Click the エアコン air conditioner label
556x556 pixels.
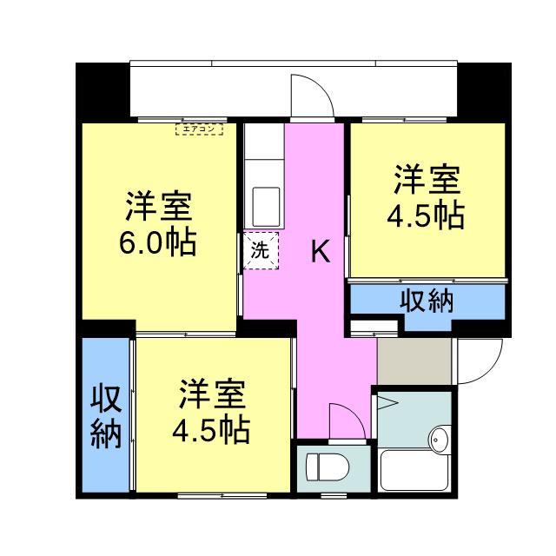(x=199, y=130)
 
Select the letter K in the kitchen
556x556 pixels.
(x=320, y=253)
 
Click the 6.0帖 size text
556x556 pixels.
(x=157, y=242)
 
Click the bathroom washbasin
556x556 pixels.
(x=439, y=440)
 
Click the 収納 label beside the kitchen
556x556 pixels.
(x=427, y=301)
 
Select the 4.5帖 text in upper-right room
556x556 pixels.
(x=425, y=215)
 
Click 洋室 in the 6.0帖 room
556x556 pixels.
(x=157, y=207)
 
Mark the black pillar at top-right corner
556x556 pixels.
(x=483, y=91)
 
